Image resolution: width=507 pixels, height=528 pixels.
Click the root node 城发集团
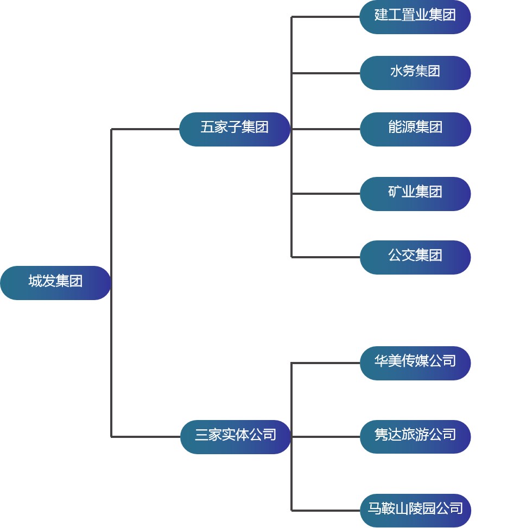click(55, 282)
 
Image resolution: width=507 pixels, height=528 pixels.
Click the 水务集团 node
click(415, 73)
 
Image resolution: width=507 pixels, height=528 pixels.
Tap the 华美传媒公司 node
click(415, 362)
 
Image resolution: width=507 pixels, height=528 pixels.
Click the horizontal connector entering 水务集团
click(326, 73)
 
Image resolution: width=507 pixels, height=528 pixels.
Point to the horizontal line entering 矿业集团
click(326, 194)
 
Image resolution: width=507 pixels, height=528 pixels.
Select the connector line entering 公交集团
click(326, 257)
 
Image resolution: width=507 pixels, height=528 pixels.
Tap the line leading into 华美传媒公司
click(326, 362)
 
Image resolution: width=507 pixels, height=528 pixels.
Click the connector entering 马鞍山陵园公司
click(326, 510)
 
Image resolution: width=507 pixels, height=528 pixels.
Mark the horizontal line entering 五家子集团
click(145, 129)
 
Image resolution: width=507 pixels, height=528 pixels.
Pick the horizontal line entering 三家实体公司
click(145, 436)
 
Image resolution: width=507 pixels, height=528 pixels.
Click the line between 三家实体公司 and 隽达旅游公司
click(326, 436)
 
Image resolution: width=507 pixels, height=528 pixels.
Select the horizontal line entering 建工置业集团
click(326, 17)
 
